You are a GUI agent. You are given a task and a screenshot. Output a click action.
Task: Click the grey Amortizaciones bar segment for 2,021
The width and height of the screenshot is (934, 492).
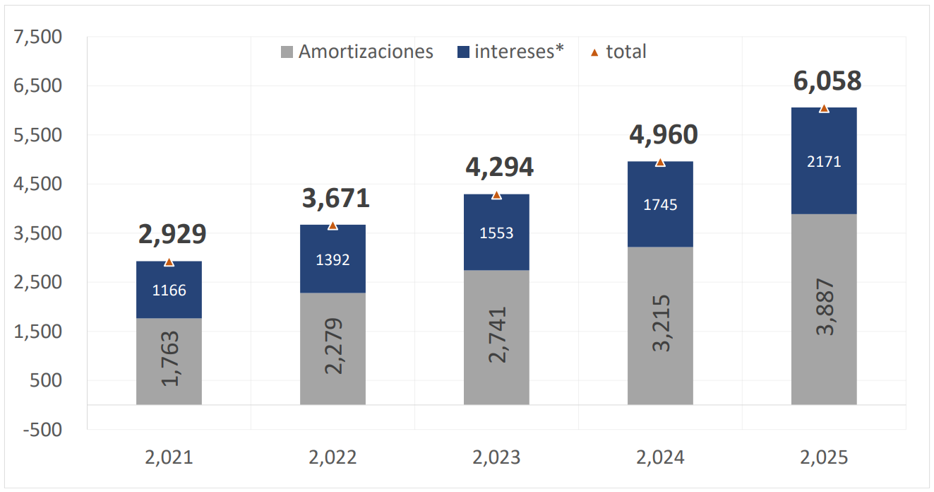(x=169, y=361)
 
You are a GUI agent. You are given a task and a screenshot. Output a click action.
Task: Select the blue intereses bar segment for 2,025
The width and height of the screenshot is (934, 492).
(x=824, y=160)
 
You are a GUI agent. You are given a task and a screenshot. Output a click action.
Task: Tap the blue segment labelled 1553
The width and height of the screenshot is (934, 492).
(x=496, y=233)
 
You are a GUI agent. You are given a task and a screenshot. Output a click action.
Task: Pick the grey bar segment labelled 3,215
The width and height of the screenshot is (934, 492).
(x=660, y=325)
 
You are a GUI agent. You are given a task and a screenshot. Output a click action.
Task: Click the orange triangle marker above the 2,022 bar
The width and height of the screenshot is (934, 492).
(x=333, y=225)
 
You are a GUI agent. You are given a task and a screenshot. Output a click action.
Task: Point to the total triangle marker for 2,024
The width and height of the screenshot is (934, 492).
(x=660, y=163)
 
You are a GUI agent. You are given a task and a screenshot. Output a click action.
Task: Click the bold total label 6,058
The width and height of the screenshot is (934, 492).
(x=827, y=81)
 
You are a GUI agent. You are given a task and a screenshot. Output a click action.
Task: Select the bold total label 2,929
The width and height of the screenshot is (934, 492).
(x=172, y=234)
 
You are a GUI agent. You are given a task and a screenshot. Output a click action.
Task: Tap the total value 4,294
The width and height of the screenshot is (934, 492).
(x=500, y=167)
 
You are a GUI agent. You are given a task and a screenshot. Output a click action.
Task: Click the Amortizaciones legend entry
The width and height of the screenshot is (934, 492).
(x=357, y=52)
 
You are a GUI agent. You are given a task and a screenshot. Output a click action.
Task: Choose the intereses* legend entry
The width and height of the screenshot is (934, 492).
(x=511, y=52)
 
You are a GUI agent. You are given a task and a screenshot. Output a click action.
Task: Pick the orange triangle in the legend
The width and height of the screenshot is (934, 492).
(x=594, y=52)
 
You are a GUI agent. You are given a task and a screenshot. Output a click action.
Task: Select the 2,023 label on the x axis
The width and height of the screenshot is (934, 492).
(x=496, y=457)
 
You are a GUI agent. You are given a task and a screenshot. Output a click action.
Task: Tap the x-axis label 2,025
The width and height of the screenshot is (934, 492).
(x=824, y=457)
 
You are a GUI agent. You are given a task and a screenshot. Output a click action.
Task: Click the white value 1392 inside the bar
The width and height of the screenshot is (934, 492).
(x=333, y=260)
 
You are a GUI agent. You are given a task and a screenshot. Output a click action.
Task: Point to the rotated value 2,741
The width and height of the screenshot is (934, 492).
(x=496, y=335)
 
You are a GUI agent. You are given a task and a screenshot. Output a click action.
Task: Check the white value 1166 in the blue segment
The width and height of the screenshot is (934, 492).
(x=169, y=290)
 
